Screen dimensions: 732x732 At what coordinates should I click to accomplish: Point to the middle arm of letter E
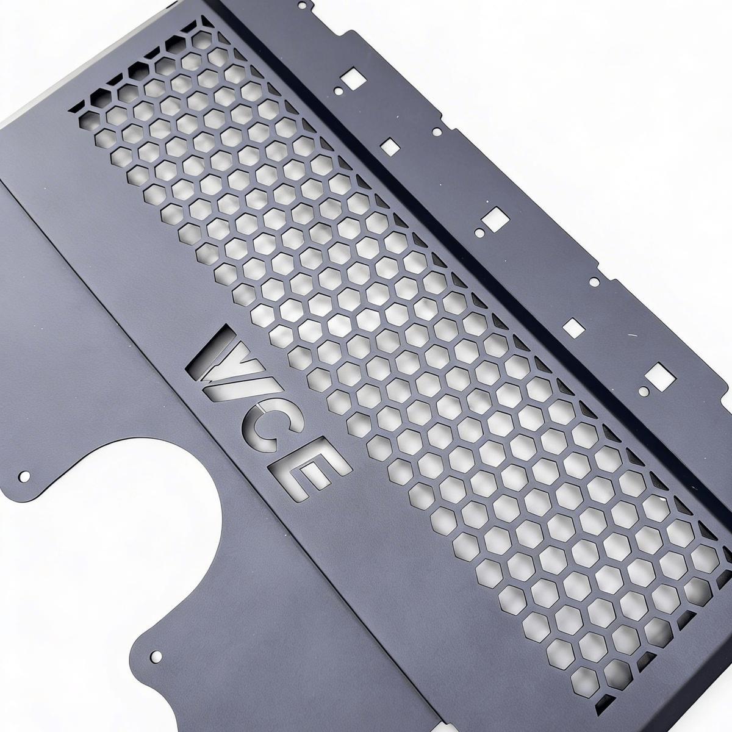[x=311, y=470]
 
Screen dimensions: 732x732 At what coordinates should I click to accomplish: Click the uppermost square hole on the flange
[x=352, y=77]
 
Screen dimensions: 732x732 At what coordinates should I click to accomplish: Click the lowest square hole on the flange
[x=658, y=373]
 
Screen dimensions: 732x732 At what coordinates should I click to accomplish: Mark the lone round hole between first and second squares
[x=437, y=131]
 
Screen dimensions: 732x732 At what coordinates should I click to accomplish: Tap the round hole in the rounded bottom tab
[x=156, y=656]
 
